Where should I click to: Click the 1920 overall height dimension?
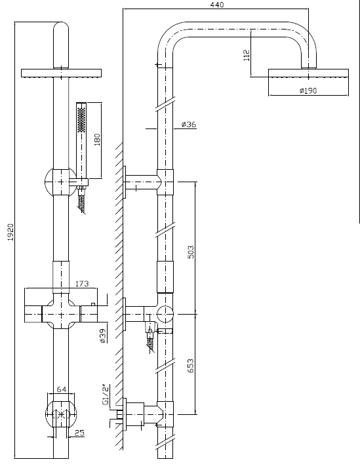(10, 232)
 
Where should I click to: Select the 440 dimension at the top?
(217, 5)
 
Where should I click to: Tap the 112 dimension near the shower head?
(247, 55)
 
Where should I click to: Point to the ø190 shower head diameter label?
(308, 90)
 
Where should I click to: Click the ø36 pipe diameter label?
(189, 124)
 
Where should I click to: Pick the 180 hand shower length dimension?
(97, 140)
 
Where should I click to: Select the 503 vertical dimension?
(191, 252)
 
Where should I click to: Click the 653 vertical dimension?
(191, 366)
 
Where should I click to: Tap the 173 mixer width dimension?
(82, 283)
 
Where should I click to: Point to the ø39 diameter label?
(103, 336)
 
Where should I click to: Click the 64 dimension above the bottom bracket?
(62, 389)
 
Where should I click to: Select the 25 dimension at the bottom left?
(79, 433)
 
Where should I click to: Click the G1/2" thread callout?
(106, 395)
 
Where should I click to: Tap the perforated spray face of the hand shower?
(81, 120)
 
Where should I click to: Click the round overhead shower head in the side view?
(308, 73)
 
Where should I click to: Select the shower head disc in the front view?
(61, 73)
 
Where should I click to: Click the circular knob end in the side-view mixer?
(165, 314)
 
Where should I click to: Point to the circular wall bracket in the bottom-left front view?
(61, 414)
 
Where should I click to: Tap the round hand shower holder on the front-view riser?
(61, 182)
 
